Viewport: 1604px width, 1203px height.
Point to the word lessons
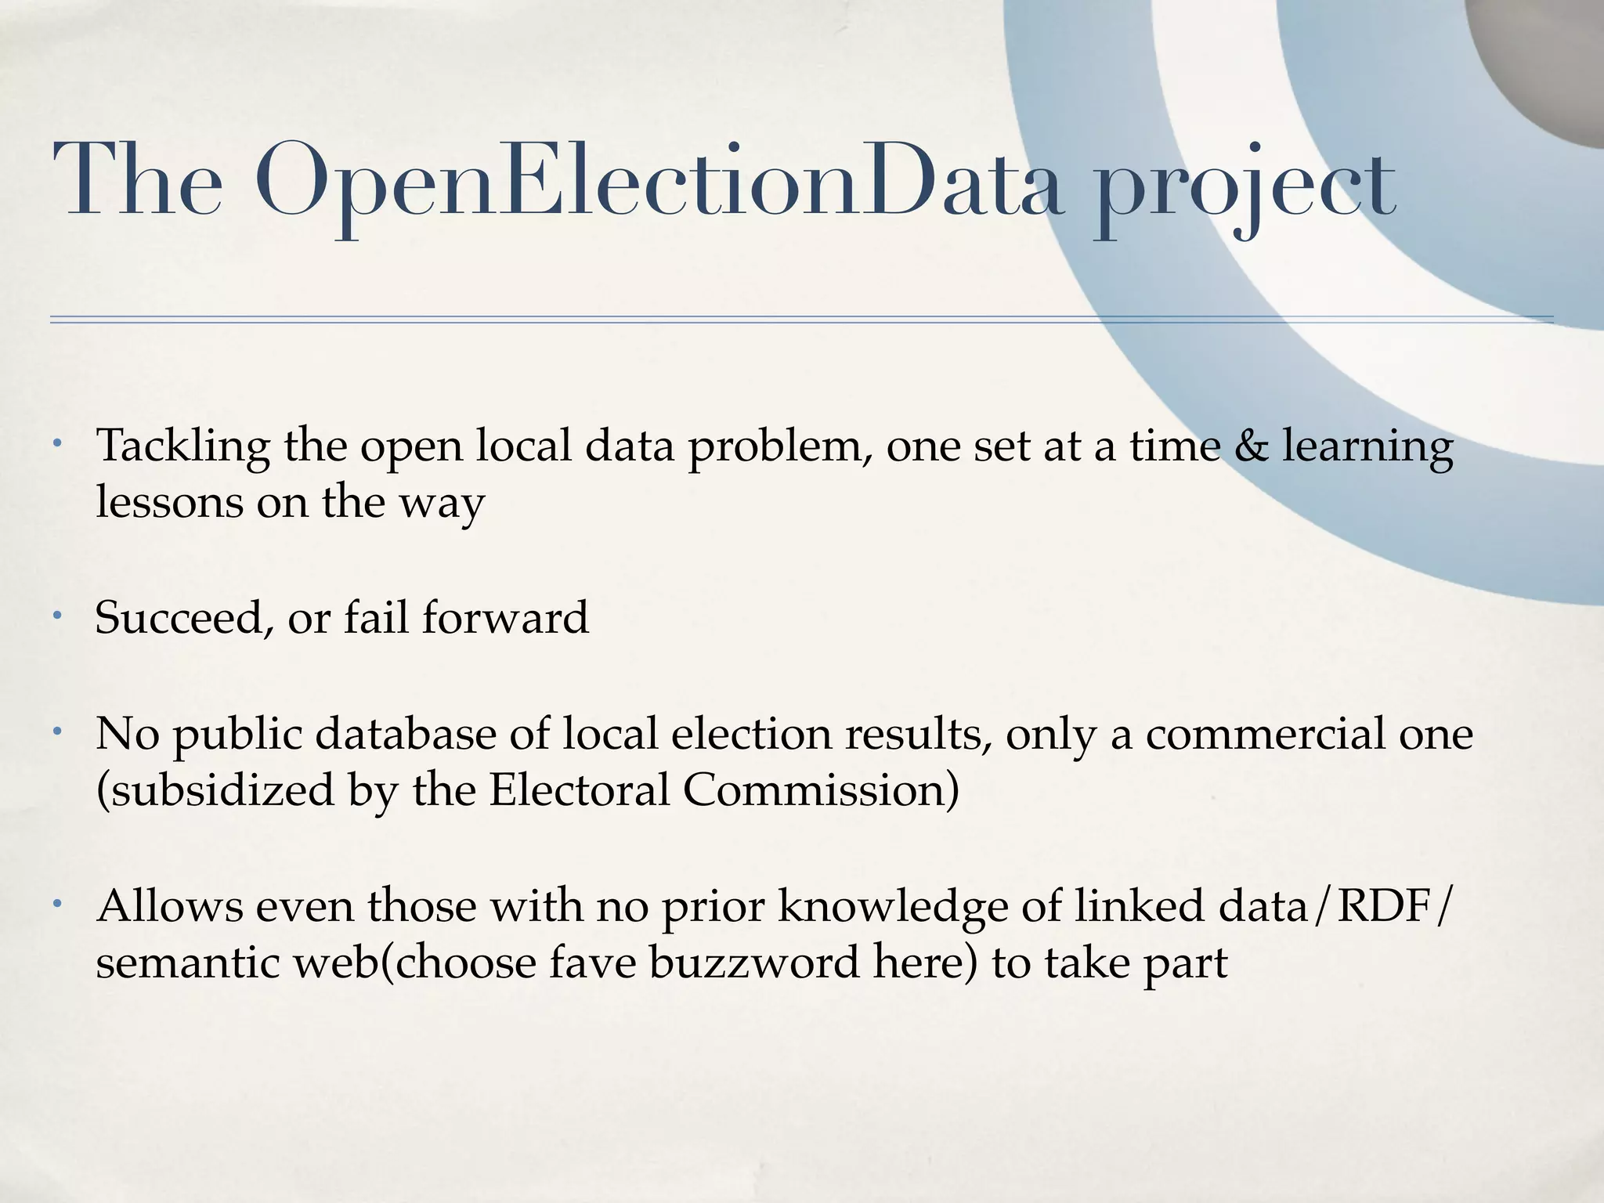click(168, 502)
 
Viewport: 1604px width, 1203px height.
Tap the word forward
click(505, 617)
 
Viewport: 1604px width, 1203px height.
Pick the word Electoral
click(579, 789)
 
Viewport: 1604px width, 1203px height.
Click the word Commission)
click(820, 789)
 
